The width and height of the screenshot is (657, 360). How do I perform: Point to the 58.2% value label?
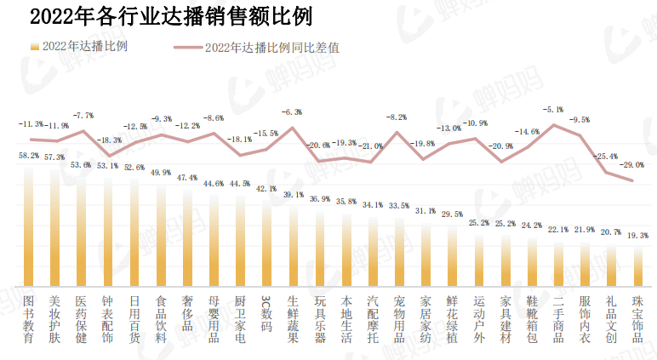point(29,156)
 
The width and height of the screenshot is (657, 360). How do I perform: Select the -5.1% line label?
point(553,110)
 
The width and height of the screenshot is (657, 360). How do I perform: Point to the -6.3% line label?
point(292,112)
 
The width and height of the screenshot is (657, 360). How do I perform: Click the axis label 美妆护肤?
point(55,319)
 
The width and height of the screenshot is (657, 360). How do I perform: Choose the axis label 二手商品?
point(558,319)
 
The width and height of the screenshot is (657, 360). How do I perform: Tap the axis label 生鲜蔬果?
point(293,319)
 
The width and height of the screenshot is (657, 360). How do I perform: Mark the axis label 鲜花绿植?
point(453,319)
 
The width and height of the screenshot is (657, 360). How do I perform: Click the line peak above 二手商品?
point(554,124)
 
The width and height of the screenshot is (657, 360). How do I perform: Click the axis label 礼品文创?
point(611,319)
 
